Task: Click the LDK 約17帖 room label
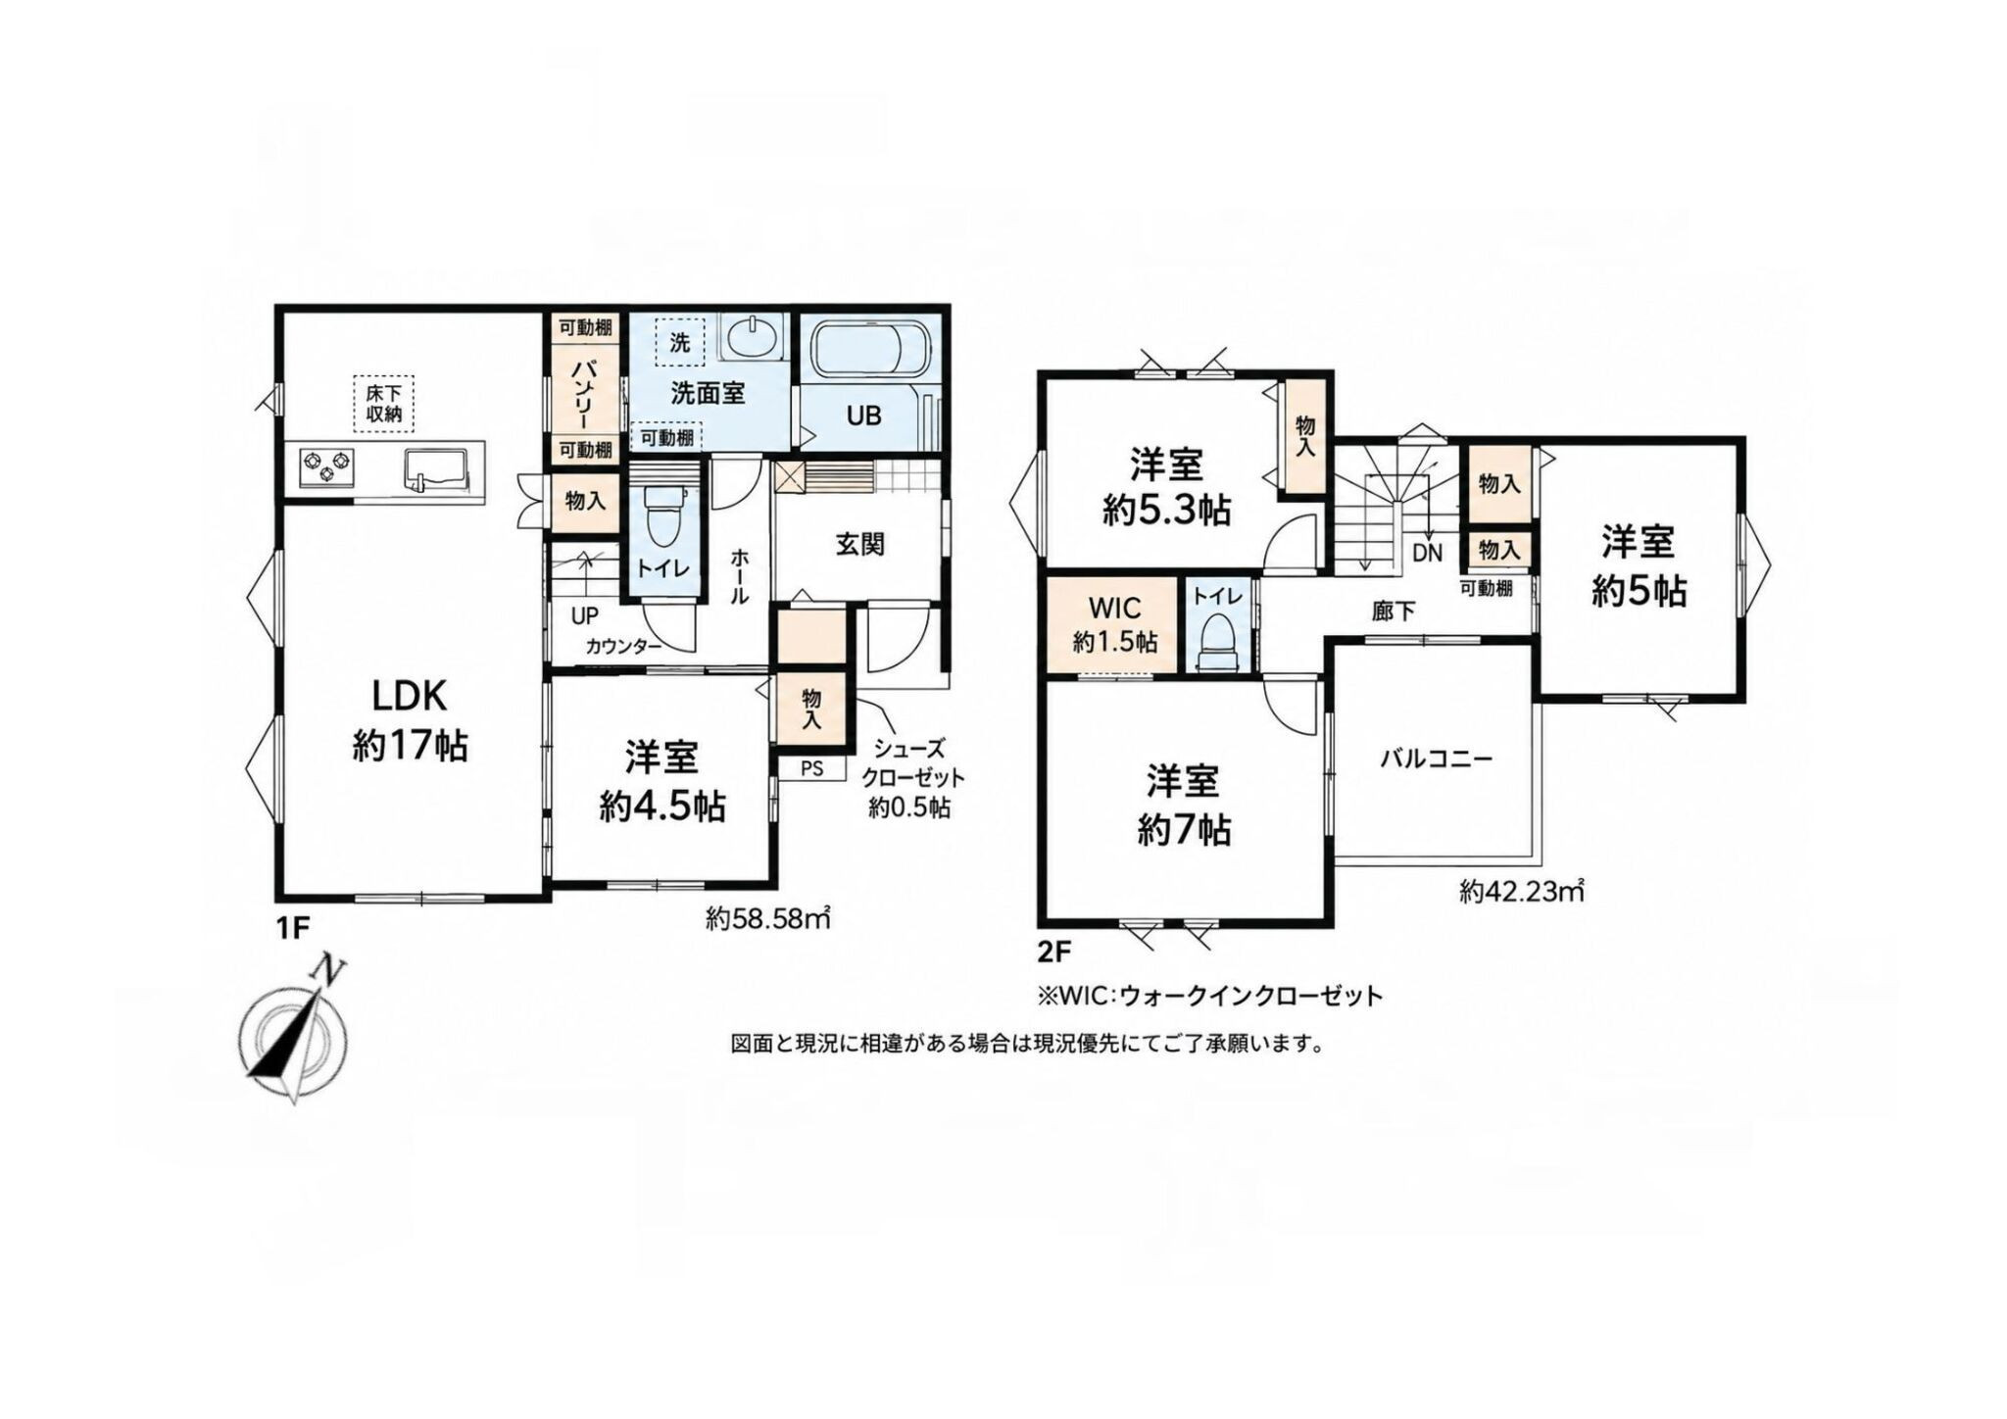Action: [410, 720]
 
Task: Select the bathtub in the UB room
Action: [868, 348]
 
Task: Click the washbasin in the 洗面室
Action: [752, 338]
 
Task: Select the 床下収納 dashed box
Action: [384, 402]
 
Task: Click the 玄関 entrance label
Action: [859, 544]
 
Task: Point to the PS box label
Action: [811, 768]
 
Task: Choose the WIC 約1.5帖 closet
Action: [1113, 624]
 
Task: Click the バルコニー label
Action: [1437, 758]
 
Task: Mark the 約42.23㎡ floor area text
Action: [1522, 892]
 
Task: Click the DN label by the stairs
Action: [1428, 553]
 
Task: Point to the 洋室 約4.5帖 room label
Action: [663, 782]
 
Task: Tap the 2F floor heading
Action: [1053, 951]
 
